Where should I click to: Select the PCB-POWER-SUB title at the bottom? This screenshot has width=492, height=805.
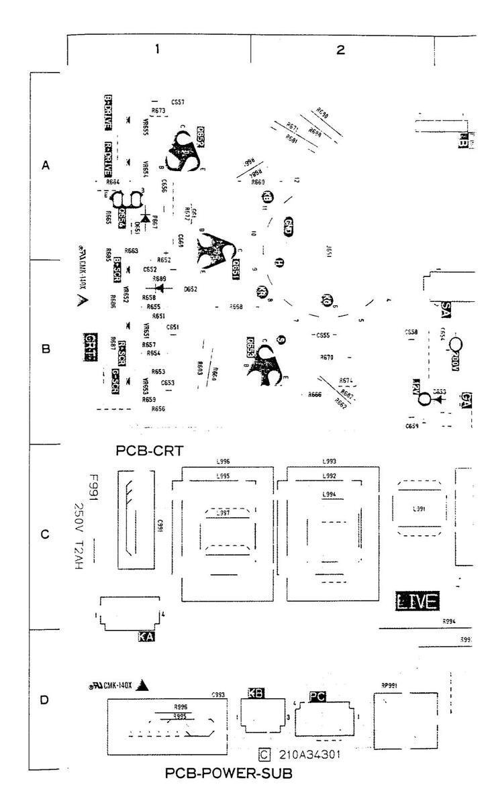pos(228,773)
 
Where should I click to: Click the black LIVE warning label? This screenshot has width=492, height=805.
pos(417,602)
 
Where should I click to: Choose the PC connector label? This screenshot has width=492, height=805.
pos(318,697)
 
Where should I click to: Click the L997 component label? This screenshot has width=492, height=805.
pos(223,513)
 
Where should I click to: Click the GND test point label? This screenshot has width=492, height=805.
pos(289,226)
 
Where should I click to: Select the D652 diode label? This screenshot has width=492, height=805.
pos(190,289)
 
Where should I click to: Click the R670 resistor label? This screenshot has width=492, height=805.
pos(327,357)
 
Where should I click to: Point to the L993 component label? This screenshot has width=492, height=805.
pos(329,463)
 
